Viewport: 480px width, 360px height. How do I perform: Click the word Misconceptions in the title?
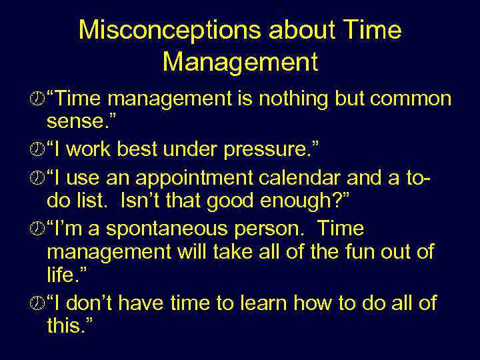159,30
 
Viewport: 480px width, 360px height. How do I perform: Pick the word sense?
79,123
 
